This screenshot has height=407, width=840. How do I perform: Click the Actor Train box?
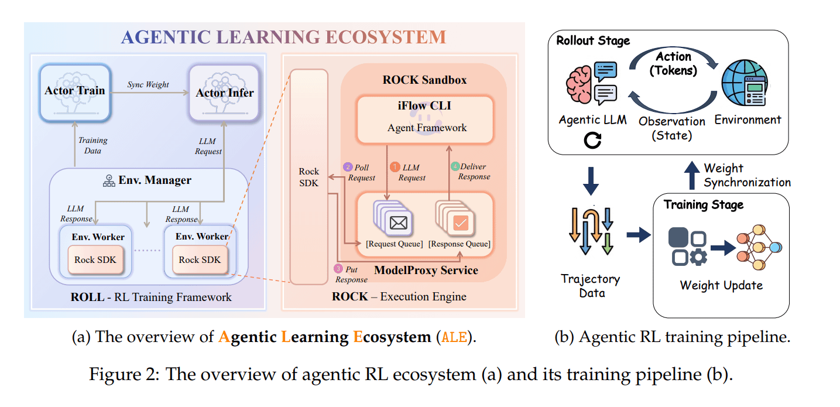[x=75, y=93]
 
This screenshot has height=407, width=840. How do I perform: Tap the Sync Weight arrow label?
[x=148, y=84]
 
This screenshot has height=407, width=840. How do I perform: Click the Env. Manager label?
[x=147, y=180]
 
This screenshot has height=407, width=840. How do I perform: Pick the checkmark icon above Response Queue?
[x=460, y=223]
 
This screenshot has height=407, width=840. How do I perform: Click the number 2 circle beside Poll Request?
[x=348, y=167]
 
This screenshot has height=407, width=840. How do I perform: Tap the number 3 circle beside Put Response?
[x=338, y=269]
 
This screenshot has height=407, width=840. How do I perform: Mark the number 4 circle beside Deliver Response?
[x=456, y=166]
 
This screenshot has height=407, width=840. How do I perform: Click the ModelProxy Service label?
[x=426, y=270]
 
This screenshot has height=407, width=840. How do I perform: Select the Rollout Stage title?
[x=593, y=40]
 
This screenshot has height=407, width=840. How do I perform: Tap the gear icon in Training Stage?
[x=698, y=257]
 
